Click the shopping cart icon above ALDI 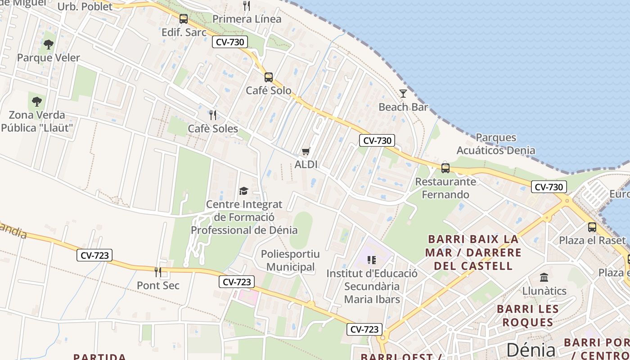tap(306, 151)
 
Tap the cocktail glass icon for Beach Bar tap(403, 94)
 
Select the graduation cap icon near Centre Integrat tap(243, 191)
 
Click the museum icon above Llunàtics tap(544, 277)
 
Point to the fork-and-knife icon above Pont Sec tap(158, 272)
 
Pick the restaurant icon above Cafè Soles tap(213, 115)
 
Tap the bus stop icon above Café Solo tap(269, 77)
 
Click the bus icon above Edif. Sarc tap(184, 19)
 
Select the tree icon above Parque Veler tap(49, 44)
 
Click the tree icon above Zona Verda tap(37, 101)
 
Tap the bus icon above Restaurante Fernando tap(445, 168)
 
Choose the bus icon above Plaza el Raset tap(592, 227)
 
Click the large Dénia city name tap(531, 350)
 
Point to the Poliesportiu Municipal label tap(290, 261)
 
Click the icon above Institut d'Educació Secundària tap(372, 260)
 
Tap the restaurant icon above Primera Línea tap(247, 6)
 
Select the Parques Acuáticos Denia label tap(496, 144)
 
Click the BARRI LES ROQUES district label tap(528, 315)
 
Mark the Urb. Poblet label tap(85, 7)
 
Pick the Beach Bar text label tap(403, 107)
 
